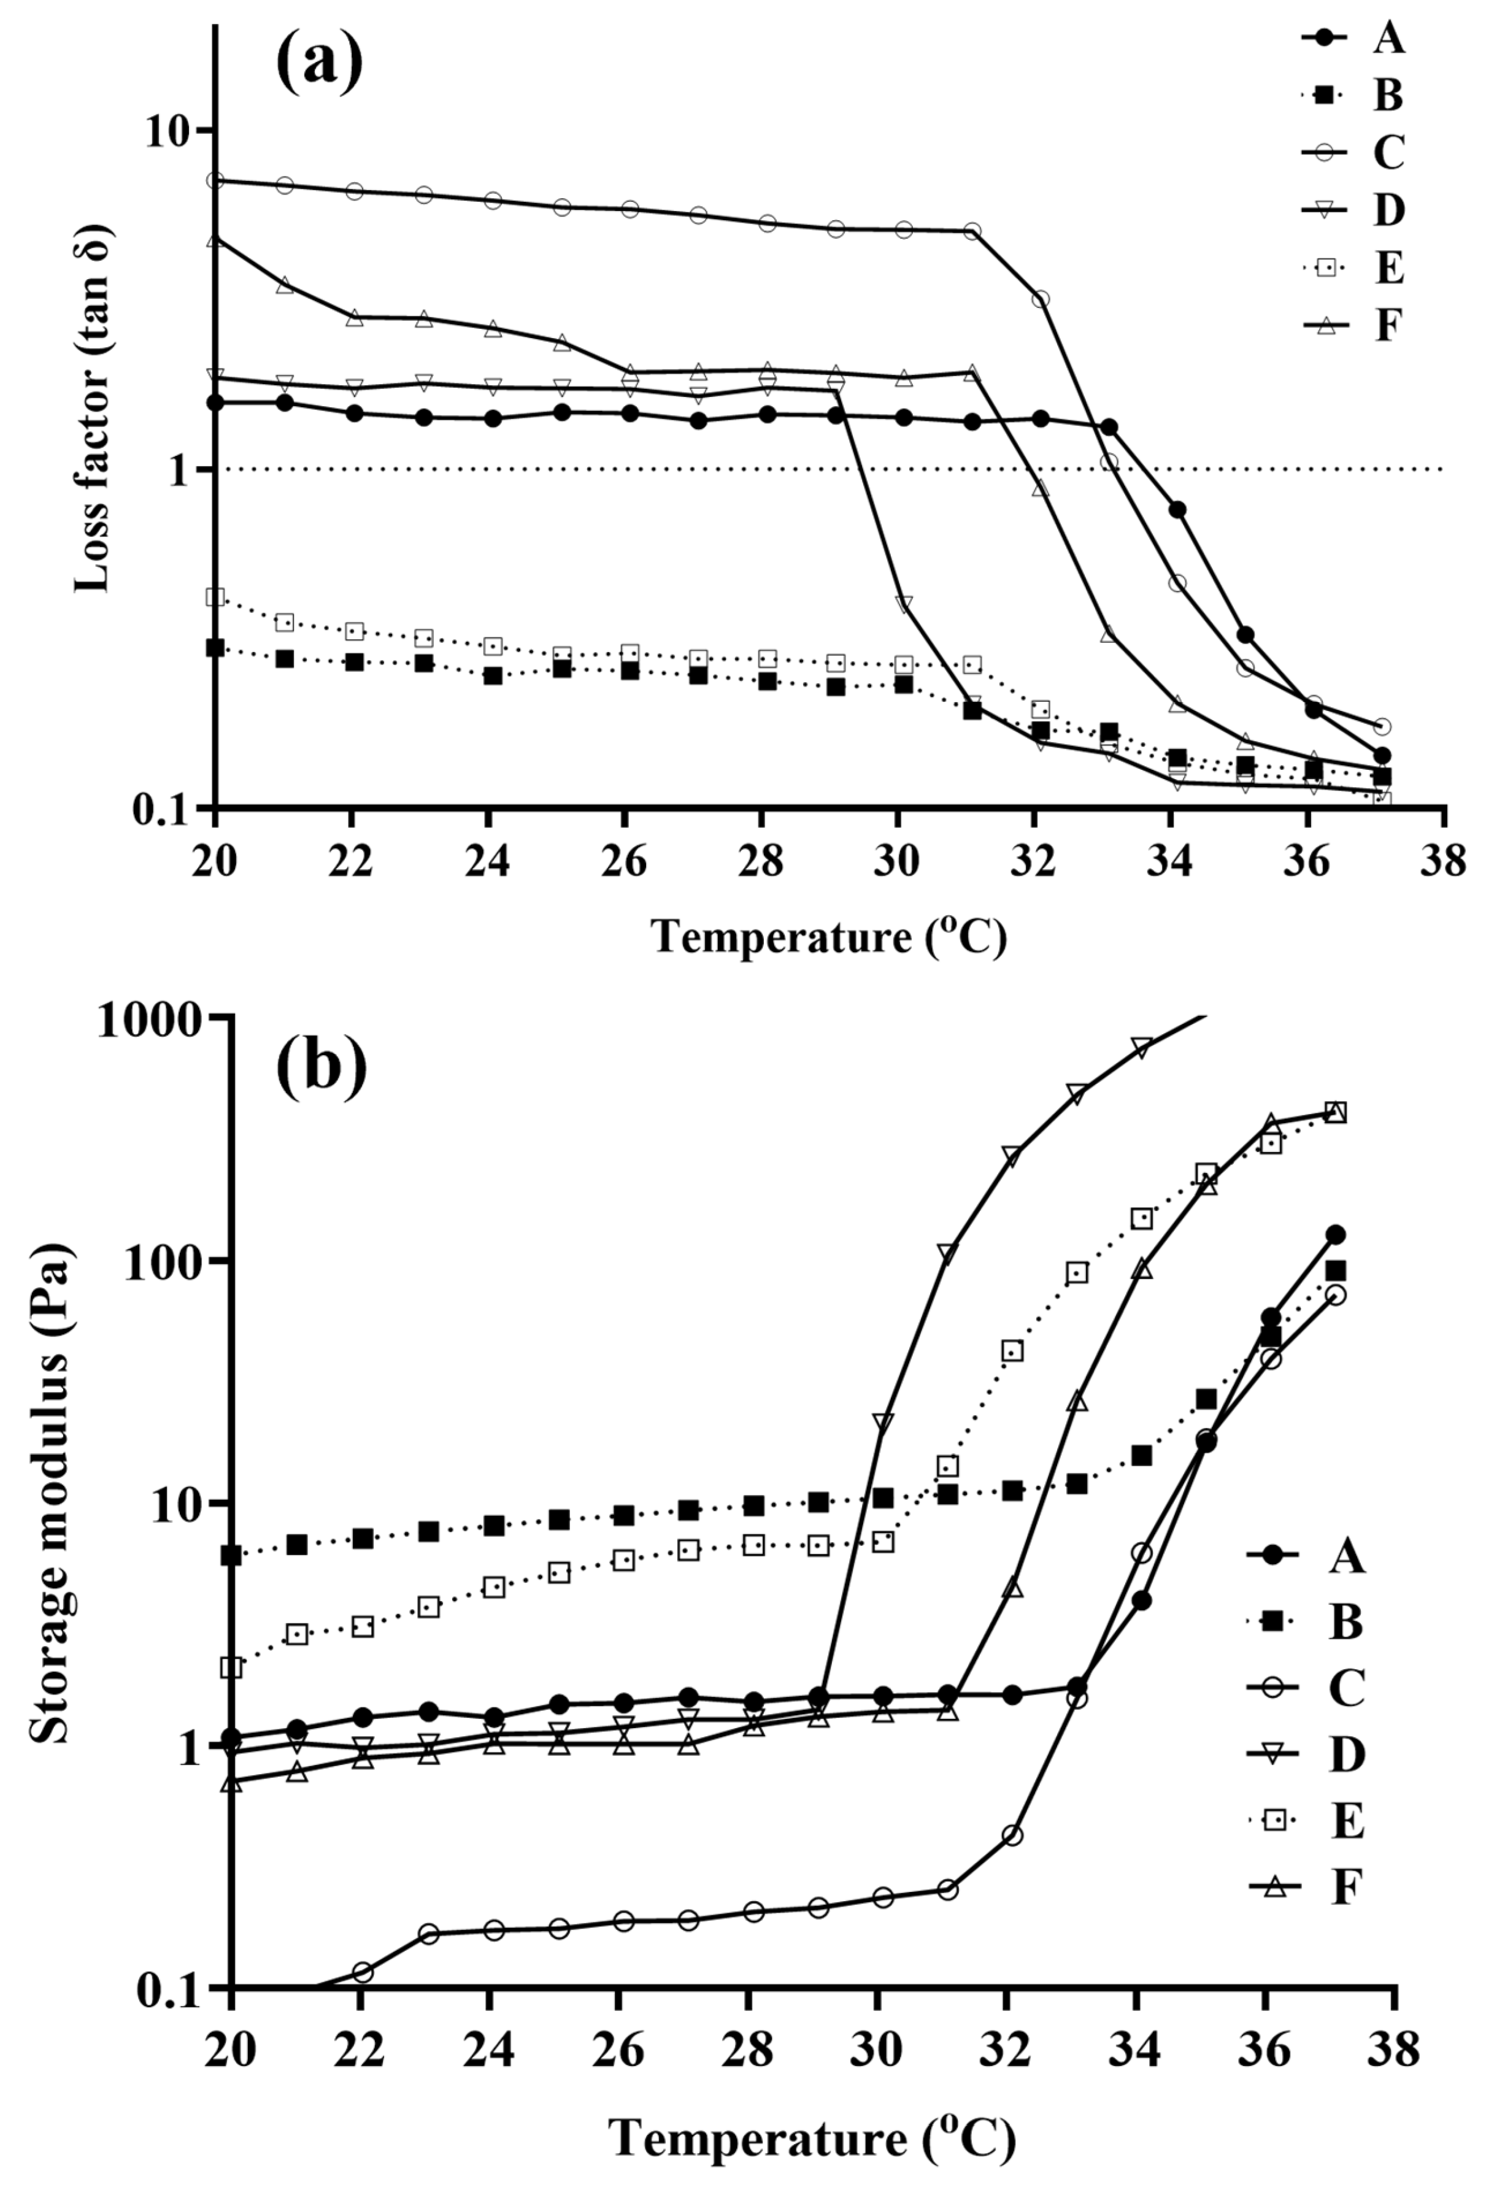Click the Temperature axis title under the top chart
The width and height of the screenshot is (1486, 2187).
[829, 936]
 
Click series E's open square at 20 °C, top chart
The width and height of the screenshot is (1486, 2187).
[215, 597]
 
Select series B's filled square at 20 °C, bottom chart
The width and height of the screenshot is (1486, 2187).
[231, 1555]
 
